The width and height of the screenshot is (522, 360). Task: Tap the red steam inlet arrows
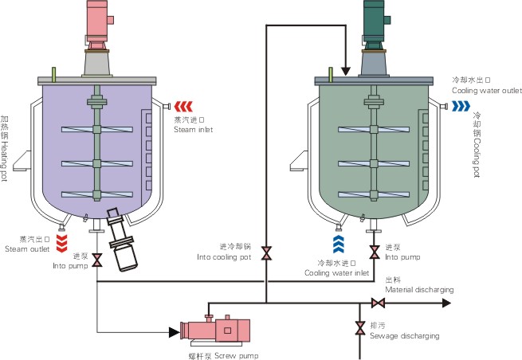(x=183, y=107)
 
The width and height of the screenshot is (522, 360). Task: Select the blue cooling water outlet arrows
(x=461, y=106)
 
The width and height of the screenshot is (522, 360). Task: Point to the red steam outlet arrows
(x=62, y=244)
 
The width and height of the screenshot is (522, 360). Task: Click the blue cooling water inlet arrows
(x=339, y=244)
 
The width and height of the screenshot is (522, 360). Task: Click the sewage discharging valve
(x=359, y=327)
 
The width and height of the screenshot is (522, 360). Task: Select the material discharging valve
(x=379, y=303)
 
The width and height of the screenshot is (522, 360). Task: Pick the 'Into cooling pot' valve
(x=266, y=253)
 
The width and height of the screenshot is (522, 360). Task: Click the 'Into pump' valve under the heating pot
(x=97, y=260)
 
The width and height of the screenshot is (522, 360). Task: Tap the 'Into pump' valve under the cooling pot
(x=375, y=252)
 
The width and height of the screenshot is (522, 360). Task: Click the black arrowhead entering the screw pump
(x=175, y=332)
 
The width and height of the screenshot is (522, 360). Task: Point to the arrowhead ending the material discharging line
(x=446, y=303)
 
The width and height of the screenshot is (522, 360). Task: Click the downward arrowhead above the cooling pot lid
(x=346, y=71)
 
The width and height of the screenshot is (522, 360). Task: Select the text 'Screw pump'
(x=237, y=356)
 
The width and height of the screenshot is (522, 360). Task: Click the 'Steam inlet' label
(x=193, y=130)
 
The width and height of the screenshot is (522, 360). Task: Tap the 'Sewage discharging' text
(x=405, y=336)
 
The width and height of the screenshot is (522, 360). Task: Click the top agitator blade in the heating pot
(x=97, y=130)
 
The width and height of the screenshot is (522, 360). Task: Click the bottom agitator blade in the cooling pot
(x=374, y=194)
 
